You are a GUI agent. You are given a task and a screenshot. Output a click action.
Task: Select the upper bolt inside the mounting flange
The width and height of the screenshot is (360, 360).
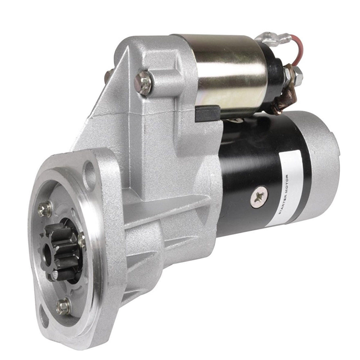[45, 209]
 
